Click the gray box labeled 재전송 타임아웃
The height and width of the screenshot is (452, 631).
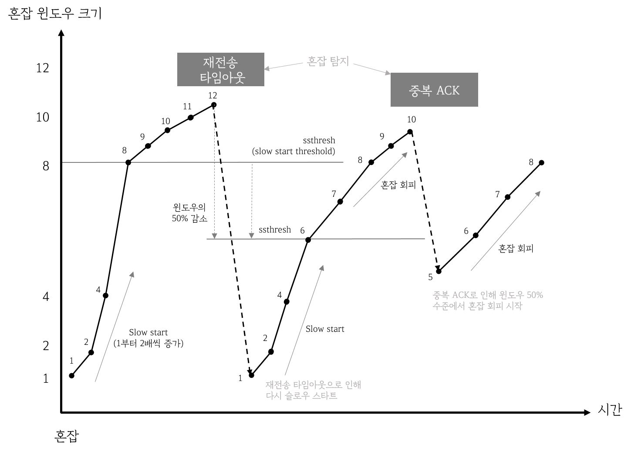(x=220, y=69)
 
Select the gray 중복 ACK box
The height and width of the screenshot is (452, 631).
(x=434, y=90)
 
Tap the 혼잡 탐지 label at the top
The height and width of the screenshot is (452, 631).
(x=328, y=61)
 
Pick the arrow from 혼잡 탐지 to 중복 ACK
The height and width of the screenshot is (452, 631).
(x=372, y=69)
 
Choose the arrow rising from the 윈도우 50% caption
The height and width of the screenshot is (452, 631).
(x=506, y=231)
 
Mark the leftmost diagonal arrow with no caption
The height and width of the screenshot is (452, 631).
(x=115, y=327)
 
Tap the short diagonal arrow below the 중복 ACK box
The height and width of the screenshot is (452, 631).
(x=380, y=179)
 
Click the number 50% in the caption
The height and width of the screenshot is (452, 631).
(x=535, y=295)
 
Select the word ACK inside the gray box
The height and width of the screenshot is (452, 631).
(x=448, y=90)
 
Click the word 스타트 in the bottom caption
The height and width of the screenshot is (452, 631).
(x=325, y=396)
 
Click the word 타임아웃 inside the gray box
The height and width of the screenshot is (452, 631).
(x=223, y=78)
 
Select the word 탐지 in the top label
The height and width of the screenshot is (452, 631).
(x=340, y=61)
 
